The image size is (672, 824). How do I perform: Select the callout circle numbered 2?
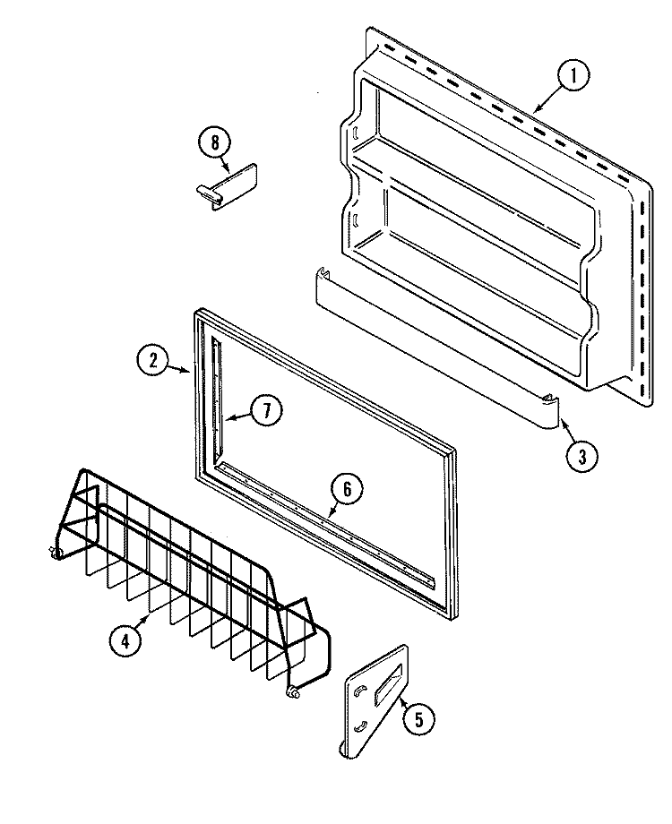[153, 361]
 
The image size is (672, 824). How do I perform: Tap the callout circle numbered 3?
[582, 455]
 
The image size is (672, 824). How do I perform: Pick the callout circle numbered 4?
[125, 639]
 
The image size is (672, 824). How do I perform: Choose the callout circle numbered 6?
[347, 488]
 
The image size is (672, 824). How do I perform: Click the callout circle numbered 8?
[215, 141]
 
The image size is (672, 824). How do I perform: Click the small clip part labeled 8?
[229, 185]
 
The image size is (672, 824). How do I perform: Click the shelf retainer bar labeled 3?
[430, 349]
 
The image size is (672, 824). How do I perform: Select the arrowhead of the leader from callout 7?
[226, 417]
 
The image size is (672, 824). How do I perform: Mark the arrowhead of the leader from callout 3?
[562, 416]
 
